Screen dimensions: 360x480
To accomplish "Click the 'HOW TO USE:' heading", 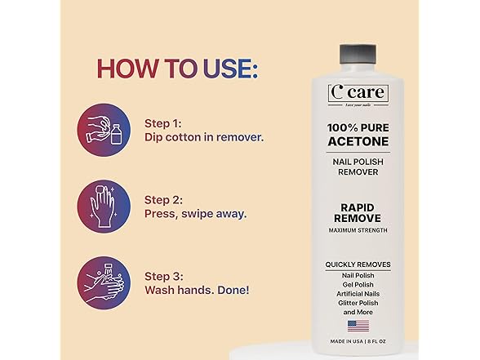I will point(177,68).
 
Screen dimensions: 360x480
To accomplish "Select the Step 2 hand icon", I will point(104,207).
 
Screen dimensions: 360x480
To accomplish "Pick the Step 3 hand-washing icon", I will point(104,283).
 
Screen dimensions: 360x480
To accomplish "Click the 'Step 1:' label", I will point(163,122).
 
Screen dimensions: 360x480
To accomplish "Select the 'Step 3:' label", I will point(164,276).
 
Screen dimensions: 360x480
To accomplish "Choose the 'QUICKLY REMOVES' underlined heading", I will point(358,264).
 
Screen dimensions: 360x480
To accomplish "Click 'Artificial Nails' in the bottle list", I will point(358,293).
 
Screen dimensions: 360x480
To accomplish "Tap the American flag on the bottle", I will point(358,326).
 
